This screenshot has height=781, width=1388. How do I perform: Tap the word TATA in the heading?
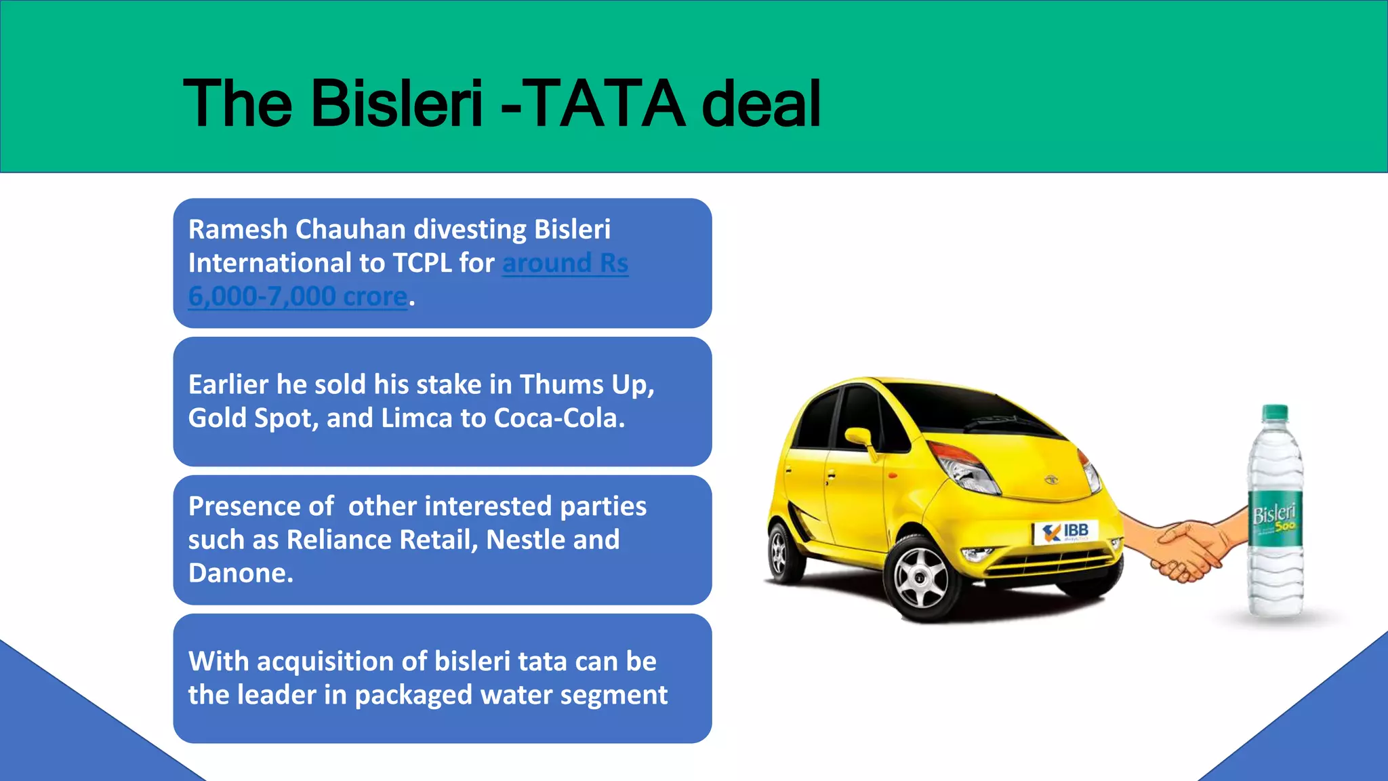(x=605, y=104)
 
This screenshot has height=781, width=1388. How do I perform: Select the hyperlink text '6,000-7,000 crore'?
(x=298, y=297)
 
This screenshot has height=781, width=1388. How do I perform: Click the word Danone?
(x=241, y=574)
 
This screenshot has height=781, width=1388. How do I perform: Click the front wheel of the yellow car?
(x=921, y=577)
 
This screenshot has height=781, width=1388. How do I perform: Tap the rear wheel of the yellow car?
(x=782, y=550)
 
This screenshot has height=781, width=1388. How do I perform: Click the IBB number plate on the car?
(x=1065, y=532)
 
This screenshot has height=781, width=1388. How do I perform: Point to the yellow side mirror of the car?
(x=858, y=437)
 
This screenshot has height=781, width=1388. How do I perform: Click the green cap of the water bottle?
(x=1275, y=412)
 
